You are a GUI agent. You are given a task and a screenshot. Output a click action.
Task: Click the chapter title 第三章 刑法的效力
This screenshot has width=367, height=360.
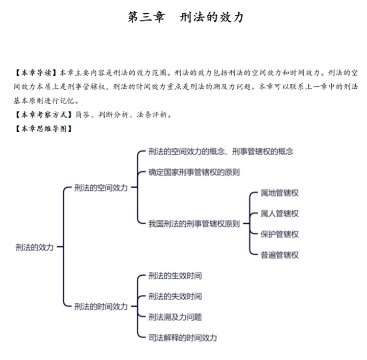[185, 17]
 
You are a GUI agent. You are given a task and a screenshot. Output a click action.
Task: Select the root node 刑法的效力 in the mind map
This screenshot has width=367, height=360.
[34, 247]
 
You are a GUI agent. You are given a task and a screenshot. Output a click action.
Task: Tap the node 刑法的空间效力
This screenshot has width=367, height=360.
[101, 187]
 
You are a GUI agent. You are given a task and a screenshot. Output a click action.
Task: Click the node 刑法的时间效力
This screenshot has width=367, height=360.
[101, 306]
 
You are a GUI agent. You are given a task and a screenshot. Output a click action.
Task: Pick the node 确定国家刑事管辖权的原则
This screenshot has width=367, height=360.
[194, 172]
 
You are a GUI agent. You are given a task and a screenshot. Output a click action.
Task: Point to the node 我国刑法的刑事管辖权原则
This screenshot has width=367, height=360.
[194, 224]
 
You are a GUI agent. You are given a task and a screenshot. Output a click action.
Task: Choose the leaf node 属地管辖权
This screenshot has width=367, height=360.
[280, 193]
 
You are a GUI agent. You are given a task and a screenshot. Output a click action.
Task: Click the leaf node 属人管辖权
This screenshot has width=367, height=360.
[280, 213]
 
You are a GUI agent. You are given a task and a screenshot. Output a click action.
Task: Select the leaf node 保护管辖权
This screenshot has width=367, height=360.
[280, 234]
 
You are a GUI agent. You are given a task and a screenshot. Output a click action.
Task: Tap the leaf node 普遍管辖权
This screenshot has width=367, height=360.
[280, 254]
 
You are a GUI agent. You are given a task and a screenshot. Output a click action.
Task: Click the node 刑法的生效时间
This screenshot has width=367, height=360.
[175, 276]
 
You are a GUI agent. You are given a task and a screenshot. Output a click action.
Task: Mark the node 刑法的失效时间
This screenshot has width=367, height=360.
[175, 296]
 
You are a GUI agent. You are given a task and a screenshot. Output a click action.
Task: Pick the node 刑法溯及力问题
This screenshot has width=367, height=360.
[175, 317]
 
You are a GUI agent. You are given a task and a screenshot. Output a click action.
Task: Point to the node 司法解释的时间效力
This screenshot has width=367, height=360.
[183, 338]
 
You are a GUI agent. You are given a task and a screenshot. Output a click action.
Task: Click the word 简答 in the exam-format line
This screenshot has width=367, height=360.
[83, 113]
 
